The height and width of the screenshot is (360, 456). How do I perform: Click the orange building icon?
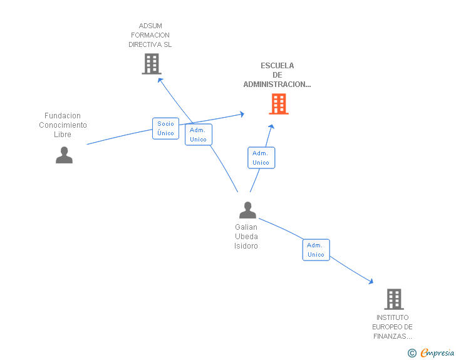(x=279, y=104)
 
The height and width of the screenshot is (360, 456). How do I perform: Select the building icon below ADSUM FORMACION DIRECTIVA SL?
(x=151, y=64)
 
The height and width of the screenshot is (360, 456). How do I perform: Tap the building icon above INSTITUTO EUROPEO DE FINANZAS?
(x=393, y=299)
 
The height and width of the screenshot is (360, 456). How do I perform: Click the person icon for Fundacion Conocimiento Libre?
(x=64, y=155)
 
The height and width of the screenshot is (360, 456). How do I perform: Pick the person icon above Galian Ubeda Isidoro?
(x=247, y=210)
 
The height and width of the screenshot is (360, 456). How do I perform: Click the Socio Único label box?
(x=166, y=128)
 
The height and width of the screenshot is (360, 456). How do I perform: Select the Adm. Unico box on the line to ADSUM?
(x=199, y=135)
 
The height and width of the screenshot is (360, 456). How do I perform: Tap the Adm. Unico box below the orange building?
(x=261, y=158)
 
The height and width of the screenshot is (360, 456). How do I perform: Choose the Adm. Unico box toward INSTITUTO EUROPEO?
(x=316, y=250)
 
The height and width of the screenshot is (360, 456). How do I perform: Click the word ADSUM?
(x=150, y=26)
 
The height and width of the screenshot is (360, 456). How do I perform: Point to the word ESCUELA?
(x=277, y=66)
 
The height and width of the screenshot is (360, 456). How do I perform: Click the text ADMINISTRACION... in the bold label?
(x=277, y=85)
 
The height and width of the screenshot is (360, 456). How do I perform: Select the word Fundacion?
(x=63, y=116)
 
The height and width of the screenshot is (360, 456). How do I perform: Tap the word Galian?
(x=246, y=227)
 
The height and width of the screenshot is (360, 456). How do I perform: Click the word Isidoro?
(x=246, y=246)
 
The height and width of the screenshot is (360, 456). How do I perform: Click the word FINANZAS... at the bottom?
(x=393, y=336)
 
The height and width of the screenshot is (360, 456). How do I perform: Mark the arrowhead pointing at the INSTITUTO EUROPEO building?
(x=371, y=282)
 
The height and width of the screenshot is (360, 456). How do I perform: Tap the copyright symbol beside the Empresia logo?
(x=412, y=353)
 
